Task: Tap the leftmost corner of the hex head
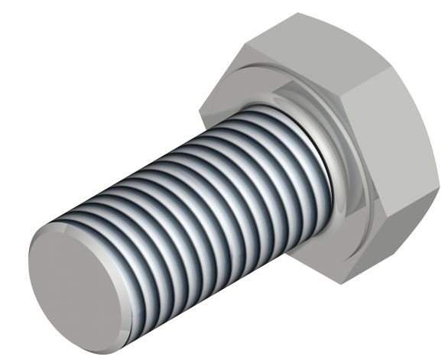pyautogui.click(x=202, y=115)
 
